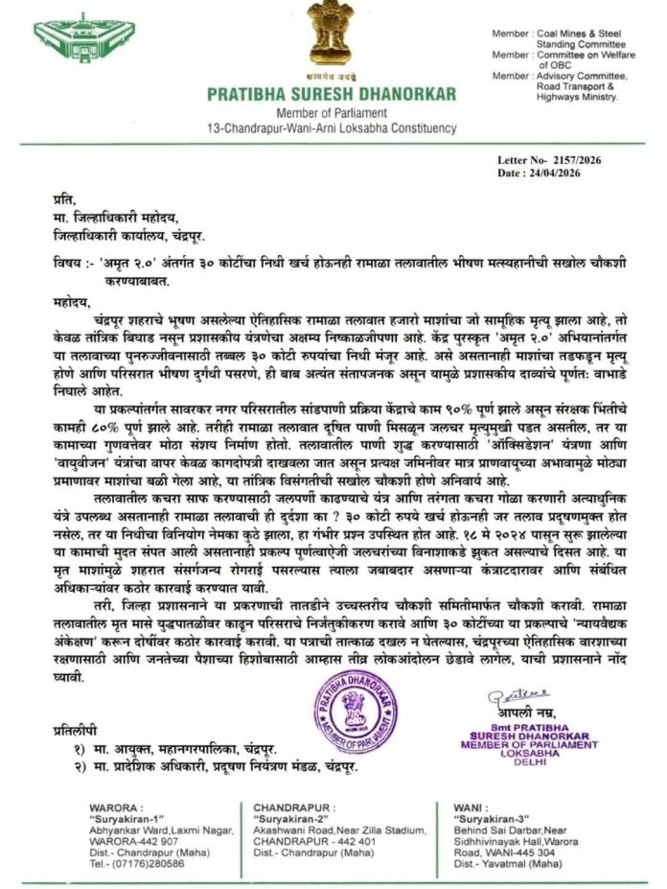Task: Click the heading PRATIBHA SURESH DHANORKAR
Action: tap(332, 94)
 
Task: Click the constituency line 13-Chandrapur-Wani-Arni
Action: tap(332, 129)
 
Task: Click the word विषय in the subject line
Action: tap(70, 263)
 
